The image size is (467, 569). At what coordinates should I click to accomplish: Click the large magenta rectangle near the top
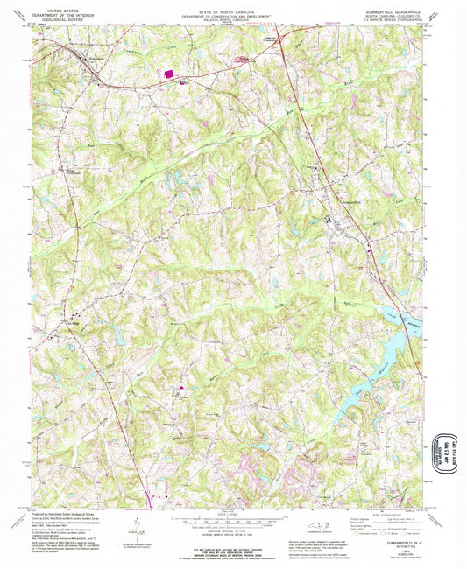pyautogui.click(x=166, y=75)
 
